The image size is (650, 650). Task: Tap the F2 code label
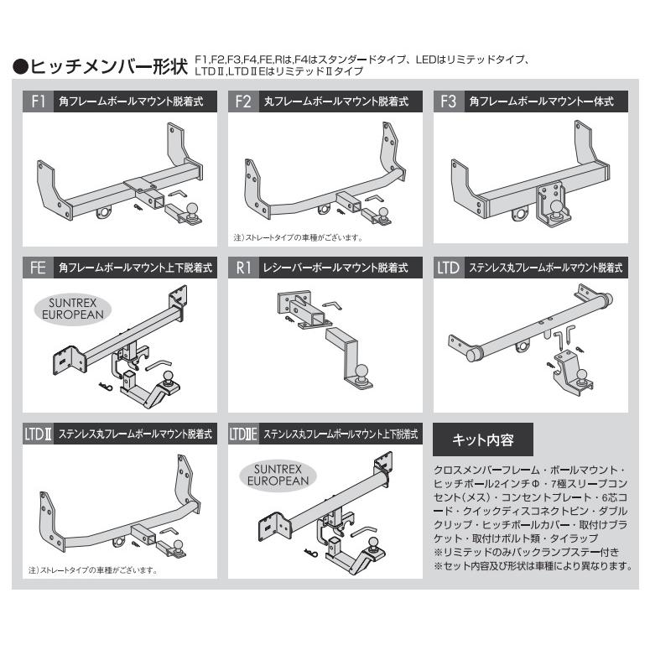pos(242,102)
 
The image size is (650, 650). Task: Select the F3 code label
pos(448,102)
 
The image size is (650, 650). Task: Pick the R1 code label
pos(242,268)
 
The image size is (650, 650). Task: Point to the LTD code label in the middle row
pos(449,268)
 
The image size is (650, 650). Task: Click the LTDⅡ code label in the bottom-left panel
pos(38,434)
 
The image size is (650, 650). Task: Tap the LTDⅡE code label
pos(244,434)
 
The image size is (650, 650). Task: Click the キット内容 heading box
pos(482,439)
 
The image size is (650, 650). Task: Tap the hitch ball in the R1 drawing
pos(362,371)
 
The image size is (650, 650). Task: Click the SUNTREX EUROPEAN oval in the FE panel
pos(75,305)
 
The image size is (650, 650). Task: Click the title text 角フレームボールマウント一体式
pos(541,102)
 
